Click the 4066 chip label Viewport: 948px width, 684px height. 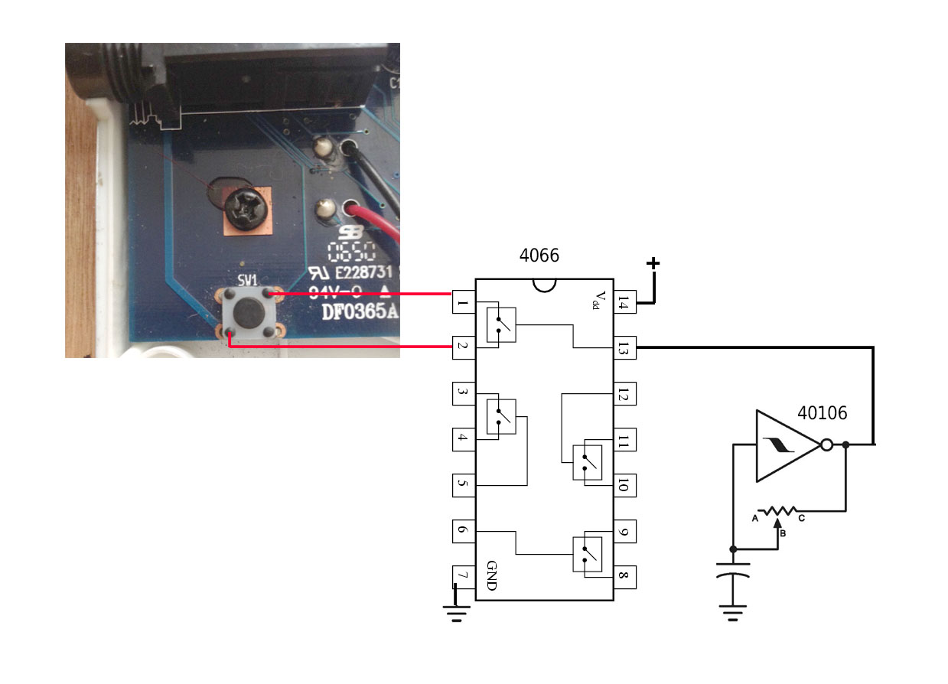tap(539, 256)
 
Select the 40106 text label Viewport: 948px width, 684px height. tap(822, 413)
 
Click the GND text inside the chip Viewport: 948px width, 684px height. tap(491, 575)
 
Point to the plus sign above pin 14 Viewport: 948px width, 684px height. tap(653, 264)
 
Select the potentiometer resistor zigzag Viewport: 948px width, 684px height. tap(778, 510)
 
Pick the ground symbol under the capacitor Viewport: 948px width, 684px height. tap(733, 613)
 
